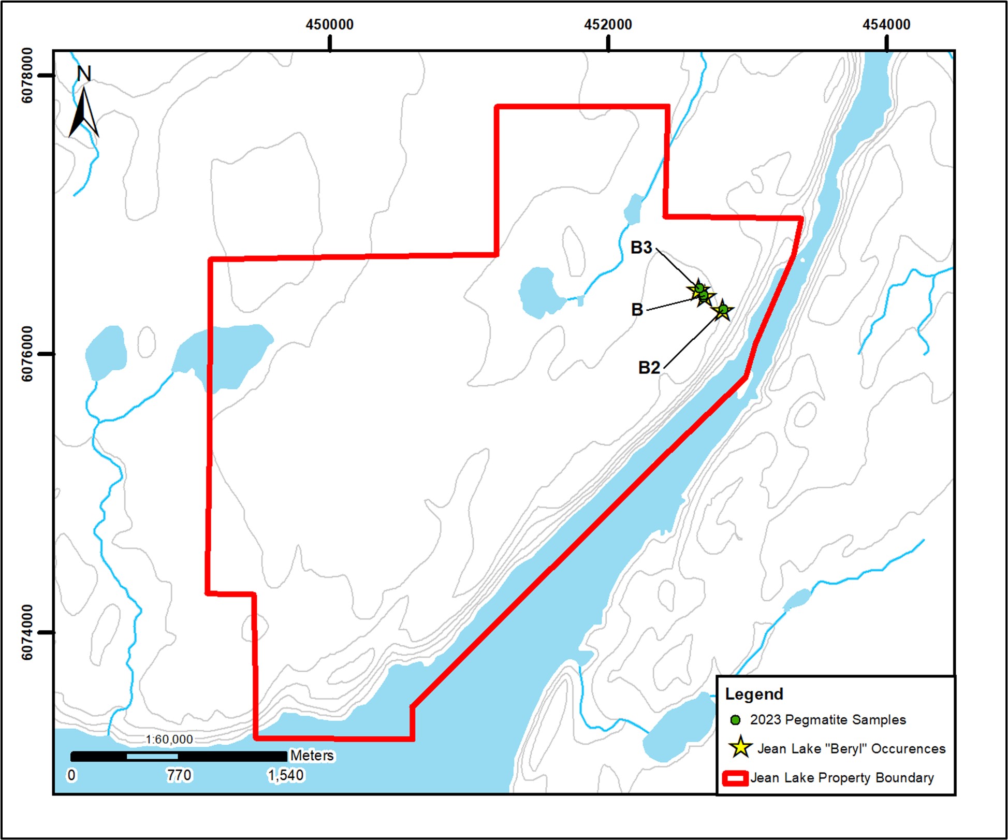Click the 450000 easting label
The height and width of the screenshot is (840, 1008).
(329, 24)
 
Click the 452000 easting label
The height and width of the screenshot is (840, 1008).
(608, 24)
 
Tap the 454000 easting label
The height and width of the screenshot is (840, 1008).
(886, 24)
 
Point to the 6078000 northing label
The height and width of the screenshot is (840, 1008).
(27, 76)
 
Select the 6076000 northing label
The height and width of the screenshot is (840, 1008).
(27, 354)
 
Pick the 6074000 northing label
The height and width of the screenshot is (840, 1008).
(27, 632)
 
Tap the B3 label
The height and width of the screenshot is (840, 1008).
(641, 248)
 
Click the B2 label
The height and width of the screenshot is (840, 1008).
(649, 368)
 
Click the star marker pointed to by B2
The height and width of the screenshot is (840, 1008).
(723, 311)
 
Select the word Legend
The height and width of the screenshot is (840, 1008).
(754, 694)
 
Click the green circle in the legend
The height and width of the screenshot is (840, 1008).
(735, 720)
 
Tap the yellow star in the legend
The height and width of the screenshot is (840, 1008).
(740, 747)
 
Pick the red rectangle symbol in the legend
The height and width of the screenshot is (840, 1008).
(735, 778)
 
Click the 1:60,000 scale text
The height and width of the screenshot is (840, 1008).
(169, 740)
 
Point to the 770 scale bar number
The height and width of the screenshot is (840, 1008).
(179, 775)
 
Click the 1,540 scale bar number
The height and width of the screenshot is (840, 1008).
(285, 775)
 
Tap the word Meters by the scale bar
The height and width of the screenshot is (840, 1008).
(312, 756)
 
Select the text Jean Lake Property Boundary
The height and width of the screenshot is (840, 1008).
(842, 778)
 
